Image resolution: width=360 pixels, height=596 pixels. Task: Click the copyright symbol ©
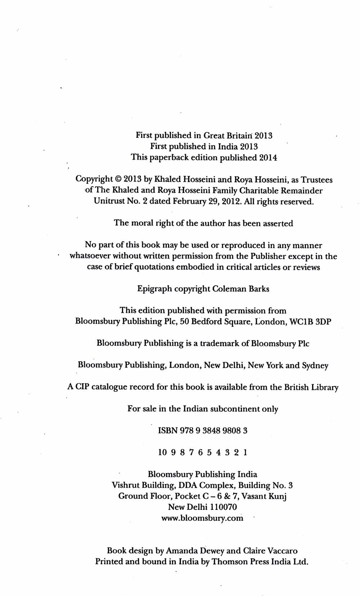pyautogui.click(x=118, y=179)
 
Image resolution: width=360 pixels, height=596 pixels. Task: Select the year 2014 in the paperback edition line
pyautogui.click(x=268, y=157)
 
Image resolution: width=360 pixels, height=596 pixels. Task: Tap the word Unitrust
pyautogui.click(x=109, y=201)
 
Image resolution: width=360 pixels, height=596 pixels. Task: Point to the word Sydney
pyautogui.click(x=315, y=365)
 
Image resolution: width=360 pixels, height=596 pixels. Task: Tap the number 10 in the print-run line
pyautogui.click(x=162, y=452)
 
